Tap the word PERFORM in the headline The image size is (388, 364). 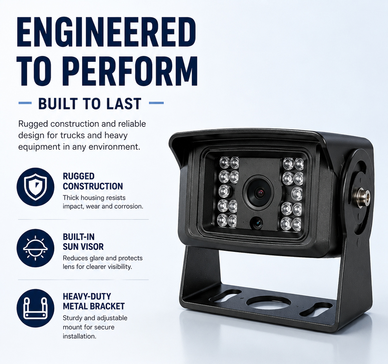point(132,71)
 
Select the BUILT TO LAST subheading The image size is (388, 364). point(90,103)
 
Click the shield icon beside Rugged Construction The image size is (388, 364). point(35,187)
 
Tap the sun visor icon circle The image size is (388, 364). point(35,248)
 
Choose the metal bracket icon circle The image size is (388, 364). point(35,308)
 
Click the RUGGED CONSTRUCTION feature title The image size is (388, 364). point(93,181)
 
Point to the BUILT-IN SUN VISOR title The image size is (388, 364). point(83,242)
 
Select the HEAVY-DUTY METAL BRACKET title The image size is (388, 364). point(94,302)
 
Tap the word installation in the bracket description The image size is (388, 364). point(79,336)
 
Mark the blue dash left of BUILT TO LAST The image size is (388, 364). point(25,103)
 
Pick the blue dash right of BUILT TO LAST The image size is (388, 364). point(156,103)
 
